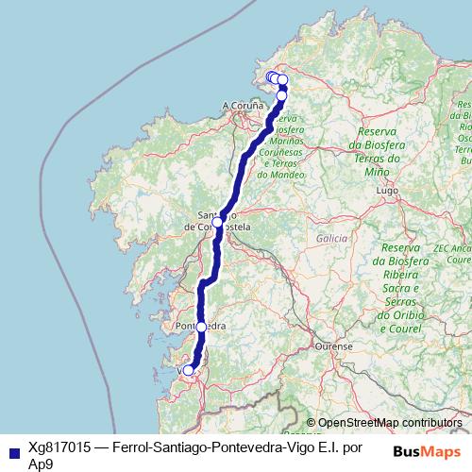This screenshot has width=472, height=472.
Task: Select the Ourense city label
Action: [334, 346]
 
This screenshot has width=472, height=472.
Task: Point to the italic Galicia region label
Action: [333, 240]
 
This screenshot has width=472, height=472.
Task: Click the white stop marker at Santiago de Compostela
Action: [217, 222]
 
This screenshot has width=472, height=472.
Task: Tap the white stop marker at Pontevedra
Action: [201, 327]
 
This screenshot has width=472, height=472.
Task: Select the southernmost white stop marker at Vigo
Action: [188, 370]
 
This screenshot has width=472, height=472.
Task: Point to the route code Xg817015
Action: [56, 447]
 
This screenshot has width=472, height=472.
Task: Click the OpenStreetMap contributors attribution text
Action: [390, 423]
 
